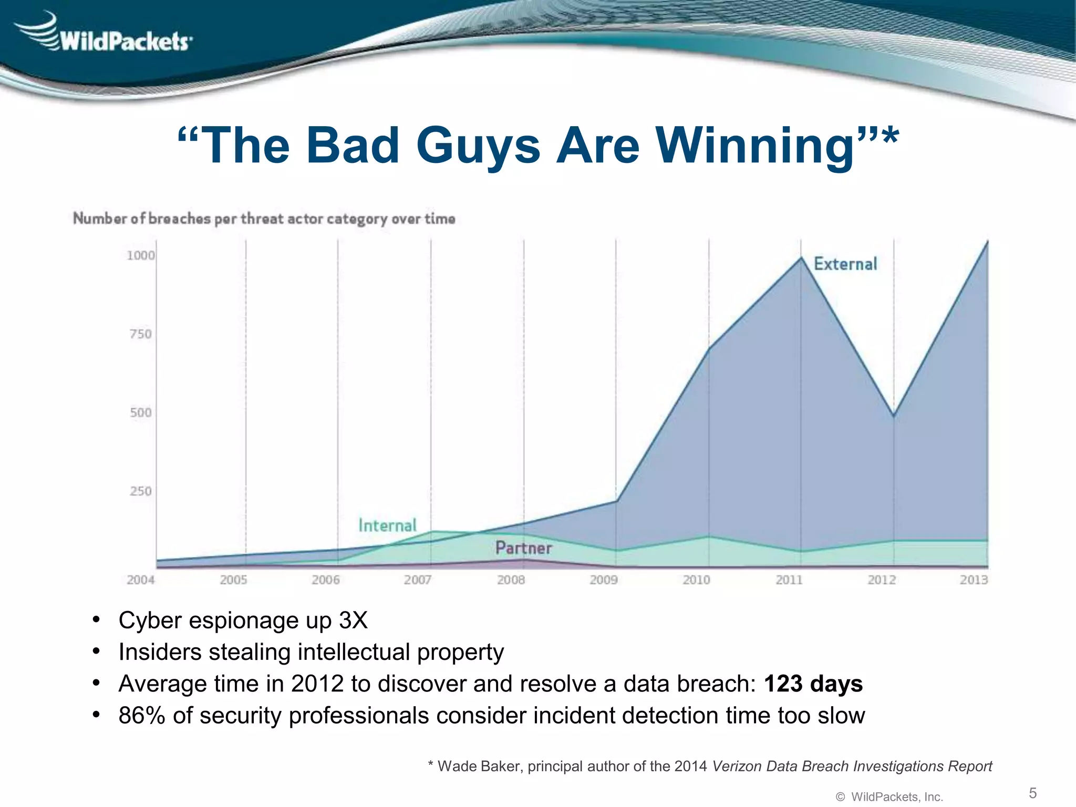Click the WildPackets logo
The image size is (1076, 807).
[x=105, y=36]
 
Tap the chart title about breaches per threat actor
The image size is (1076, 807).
[x=264, y=219]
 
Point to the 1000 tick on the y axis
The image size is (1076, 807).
[x=141, y=255]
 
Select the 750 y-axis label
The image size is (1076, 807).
[x=141, y=334]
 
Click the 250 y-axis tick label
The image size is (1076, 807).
[x=141, y=491]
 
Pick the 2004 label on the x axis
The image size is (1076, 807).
[x=141, y=580]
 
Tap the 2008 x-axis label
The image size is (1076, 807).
[x=511, y=580]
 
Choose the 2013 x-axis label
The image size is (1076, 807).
[x=974, y=580]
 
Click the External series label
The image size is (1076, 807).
[x=845, y=264]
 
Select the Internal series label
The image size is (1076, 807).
[x=387, y=525]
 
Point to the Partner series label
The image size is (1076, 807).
[x=523, y=548]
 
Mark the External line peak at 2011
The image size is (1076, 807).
[x=801, y=257]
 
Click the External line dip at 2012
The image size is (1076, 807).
[x=894, y=416]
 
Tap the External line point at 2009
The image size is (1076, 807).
[x=616, y=501]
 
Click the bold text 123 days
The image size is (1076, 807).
[x=813, y=684]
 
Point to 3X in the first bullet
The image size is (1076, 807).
[x=353, y=620]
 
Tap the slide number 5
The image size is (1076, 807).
[x=1032, y=793]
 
